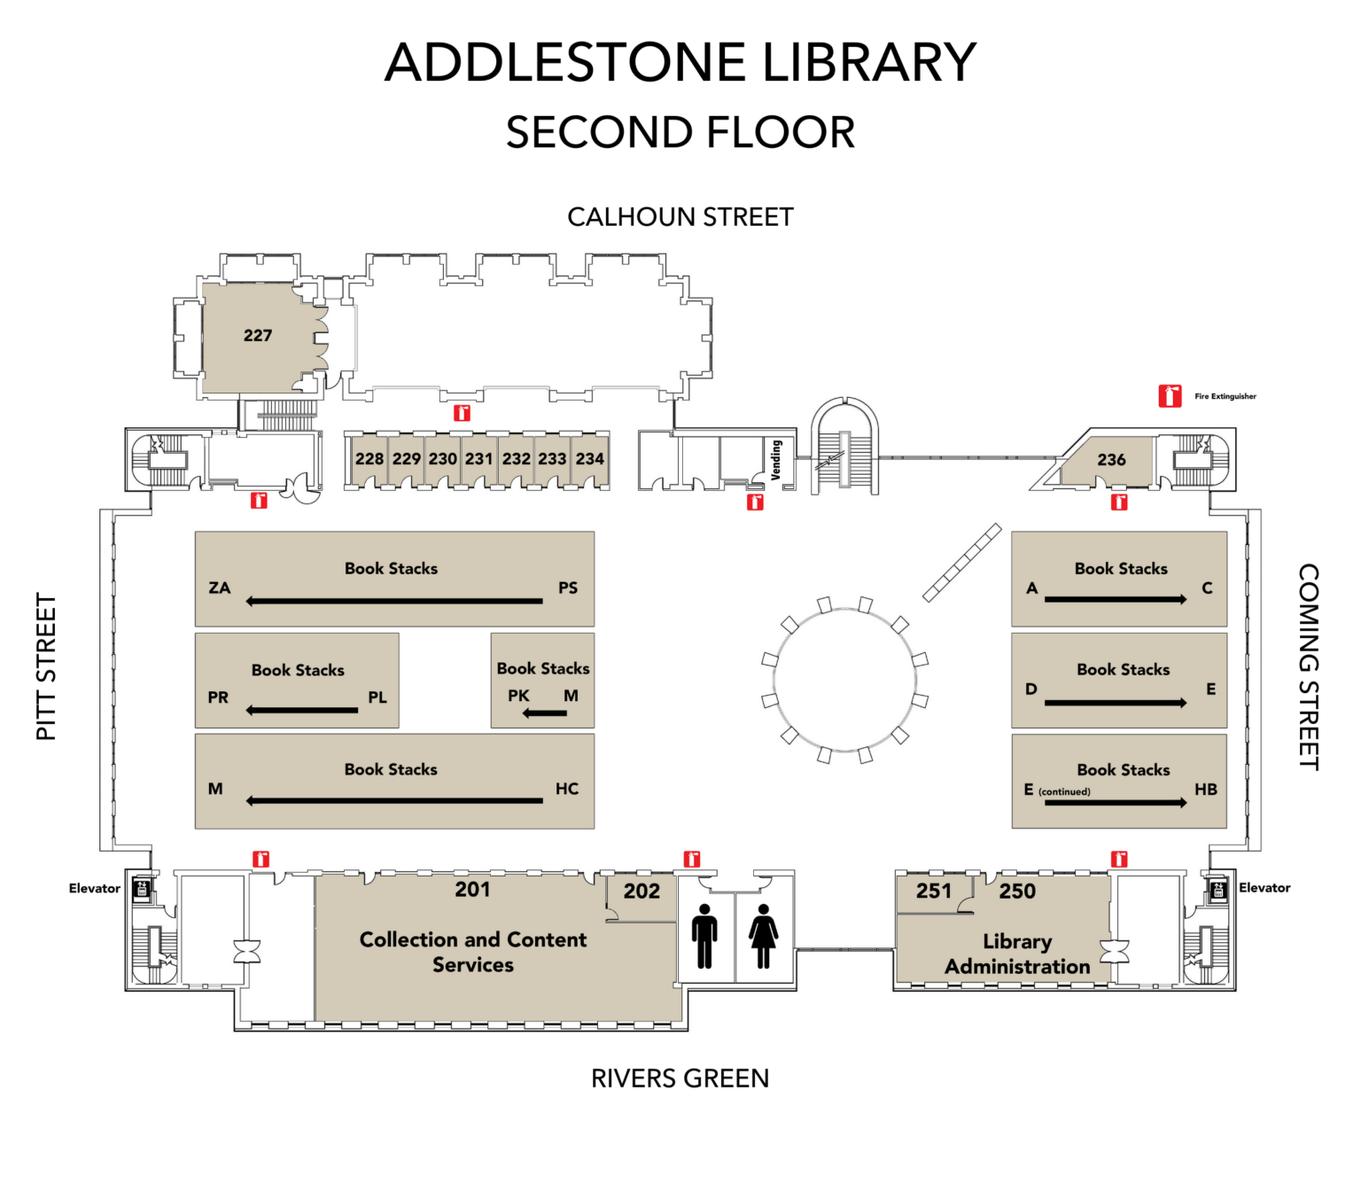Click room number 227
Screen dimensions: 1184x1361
point(258,335)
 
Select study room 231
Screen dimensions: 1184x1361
point(478,458)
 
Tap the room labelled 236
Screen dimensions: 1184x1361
point(1111,459)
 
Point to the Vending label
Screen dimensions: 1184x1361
point(776,460)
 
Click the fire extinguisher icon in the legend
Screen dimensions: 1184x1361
point(1170,396)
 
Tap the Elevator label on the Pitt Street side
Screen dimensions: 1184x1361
point(94,888)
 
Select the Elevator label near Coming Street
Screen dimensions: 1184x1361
point(1264,887)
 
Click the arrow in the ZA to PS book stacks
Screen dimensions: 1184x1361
point(394,601)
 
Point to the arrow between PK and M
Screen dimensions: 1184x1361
point(544,713)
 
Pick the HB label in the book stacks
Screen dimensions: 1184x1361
point(1205,789)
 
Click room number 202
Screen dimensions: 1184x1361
point(642,891)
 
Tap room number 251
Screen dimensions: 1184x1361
point(934,891)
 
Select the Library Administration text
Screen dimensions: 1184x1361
point(1017,954)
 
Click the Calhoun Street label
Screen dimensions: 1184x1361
point(680,217)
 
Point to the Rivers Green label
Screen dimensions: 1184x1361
point(680,1079)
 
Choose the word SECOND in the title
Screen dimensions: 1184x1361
point(597,133)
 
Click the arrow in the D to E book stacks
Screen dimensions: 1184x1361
point(1116,703)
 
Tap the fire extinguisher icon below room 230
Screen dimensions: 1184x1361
point(462,413)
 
